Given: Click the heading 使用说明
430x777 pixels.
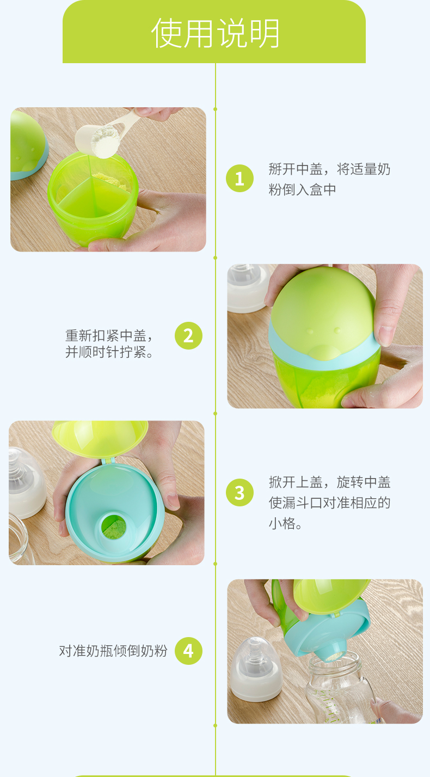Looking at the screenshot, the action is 215,33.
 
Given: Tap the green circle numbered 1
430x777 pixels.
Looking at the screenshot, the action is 239,178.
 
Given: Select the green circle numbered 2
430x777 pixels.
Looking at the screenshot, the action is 188,335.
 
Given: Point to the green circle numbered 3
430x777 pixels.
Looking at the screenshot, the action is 239,492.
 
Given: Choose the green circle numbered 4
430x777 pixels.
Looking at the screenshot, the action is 188,651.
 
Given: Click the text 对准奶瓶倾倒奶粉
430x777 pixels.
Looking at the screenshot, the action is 113,651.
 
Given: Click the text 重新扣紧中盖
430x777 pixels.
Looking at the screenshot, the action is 106,335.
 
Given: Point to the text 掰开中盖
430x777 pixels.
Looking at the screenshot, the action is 296,169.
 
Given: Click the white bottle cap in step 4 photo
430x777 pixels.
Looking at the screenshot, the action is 256,669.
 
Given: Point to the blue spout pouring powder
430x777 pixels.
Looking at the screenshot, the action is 336,651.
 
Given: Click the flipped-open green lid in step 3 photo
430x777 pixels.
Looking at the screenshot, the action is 100,437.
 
